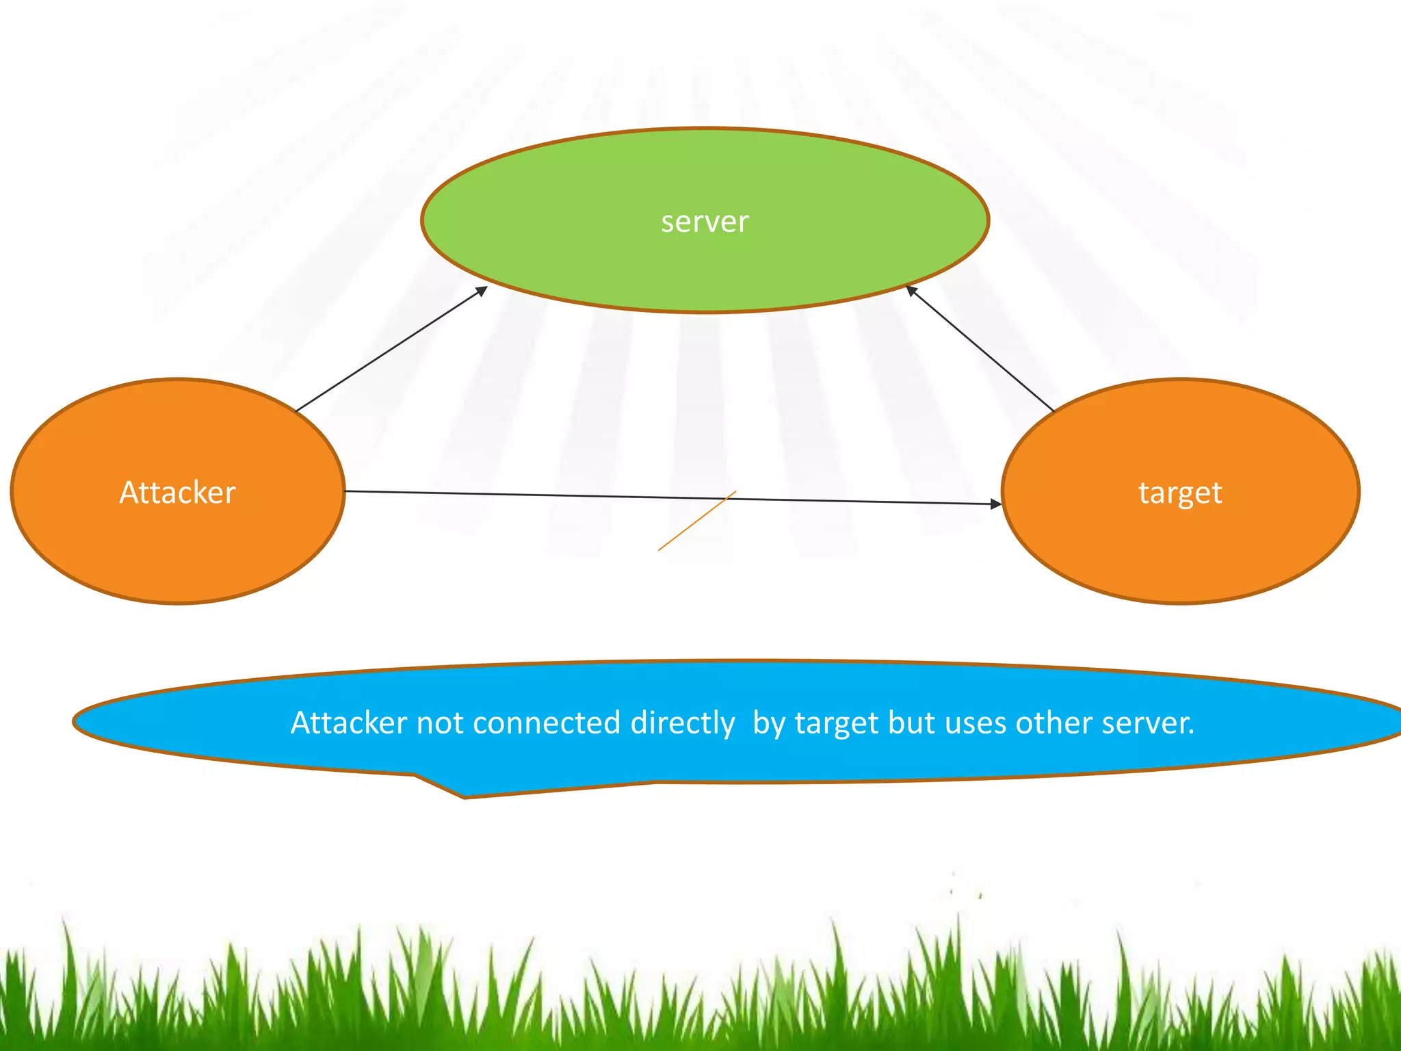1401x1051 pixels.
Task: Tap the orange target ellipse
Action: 1180,547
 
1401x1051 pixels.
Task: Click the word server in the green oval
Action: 705,222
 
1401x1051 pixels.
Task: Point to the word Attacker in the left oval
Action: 178,493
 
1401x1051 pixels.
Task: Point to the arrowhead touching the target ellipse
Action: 996,504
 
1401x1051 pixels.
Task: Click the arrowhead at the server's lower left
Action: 482,291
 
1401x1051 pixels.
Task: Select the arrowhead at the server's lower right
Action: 911,290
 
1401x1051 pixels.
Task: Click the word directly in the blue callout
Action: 682,723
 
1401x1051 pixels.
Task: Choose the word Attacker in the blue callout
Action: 349,723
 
